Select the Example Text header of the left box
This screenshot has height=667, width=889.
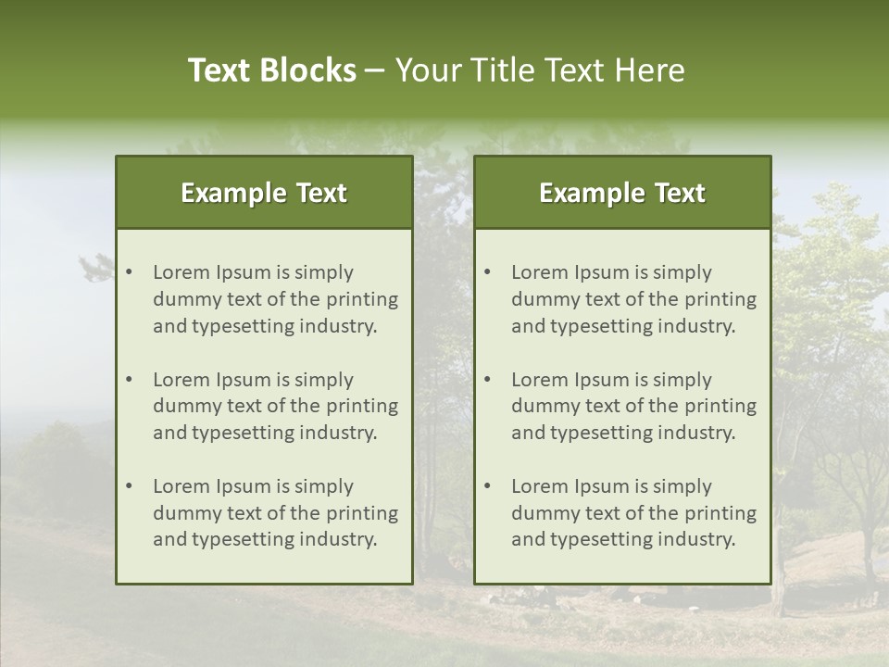(264, 193)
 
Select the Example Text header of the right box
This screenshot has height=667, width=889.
(622, 193)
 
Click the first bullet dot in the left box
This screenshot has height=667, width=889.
(130, 272)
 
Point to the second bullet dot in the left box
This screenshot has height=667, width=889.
(130, 380)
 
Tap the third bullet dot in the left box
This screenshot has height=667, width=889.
(130, 486)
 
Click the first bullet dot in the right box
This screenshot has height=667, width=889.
(488, 272)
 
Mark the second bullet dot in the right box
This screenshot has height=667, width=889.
(488, 380)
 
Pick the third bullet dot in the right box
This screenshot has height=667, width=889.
(488, 486)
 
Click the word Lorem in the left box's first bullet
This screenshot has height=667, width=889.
(182, 272)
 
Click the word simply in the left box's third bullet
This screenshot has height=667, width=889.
(323, 486)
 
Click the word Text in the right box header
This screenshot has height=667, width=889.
(681, 193)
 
